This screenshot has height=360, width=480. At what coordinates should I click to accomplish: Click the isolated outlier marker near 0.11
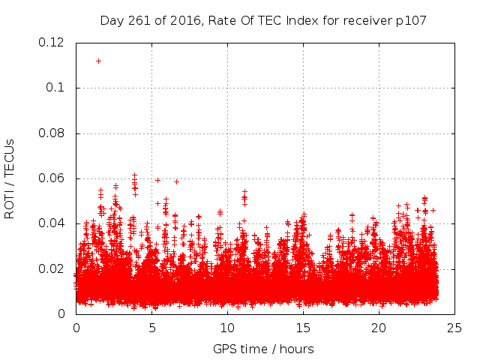[x=98, y=61]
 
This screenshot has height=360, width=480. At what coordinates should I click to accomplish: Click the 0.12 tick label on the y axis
[x=52, y=43]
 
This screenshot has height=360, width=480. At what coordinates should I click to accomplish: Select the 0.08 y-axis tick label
[x=52, y=133]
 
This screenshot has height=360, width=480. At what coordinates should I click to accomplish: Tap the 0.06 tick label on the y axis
[x=52, y=178]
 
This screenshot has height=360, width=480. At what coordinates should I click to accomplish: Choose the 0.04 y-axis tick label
[x=52, y=223]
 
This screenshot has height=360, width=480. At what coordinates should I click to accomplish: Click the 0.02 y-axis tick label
[x=52, y=268]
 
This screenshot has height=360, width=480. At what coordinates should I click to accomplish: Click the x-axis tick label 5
[x=151, y=328]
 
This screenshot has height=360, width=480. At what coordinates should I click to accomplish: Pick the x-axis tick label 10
[x=227, y=328]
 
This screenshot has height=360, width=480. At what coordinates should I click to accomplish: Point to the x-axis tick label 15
[x=303, y=328]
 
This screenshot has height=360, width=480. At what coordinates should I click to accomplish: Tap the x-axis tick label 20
[x=379, y=328]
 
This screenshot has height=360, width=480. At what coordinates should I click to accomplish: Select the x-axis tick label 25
[x=454, y=328]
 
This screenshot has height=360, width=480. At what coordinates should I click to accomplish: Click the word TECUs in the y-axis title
[x=10, y=155]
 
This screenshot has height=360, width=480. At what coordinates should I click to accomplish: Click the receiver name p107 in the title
[x=412, y=20]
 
